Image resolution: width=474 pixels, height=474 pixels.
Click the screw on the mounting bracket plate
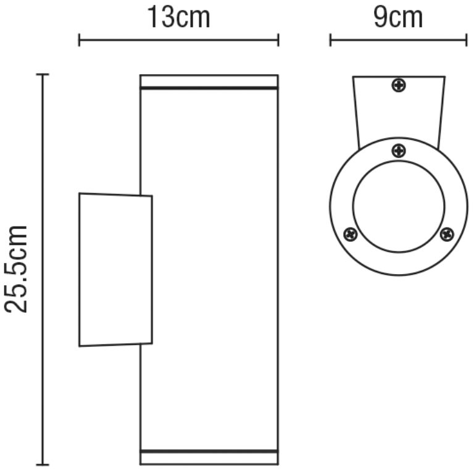click(x=399, y=85)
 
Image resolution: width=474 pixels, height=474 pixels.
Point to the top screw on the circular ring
click(x=399, y=150)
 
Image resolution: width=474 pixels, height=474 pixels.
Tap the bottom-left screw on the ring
click(x=351, y=235)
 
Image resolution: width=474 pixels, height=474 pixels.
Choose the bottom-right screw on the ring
click(x=447, y=234)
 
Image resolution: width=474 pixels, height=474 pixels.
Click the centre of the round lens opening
click(x=399, y=206)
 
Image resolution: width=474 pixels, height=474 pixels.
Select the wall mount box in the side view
click(x=115, y=270)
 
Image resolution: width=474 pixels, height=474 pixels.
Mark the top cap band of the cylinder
click(x=209, y=81)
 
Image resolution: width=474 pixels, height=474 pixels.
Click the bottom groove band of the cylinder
click(x=209, y=457)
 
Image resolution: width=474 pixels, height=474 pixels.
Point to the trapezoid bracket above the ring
click(x=399, y=108)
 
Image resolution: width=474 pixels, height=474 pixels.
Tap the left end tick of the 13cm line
click(x=79, y=41)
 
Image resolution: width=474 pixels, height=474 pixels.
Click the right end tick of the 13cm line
click(x=278, y=41)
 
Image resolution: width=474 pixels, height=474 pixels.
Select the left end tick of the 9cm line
click(x=331, y=41)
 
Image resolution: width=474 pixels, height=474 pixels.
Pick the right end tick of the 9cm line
click(x=466, y=41)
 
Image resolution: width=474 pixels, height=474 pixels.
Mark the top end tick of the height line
click(x=42, y=75)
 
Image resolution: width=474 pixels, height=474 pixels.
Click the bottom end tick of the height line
click(x=42, y=464)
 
